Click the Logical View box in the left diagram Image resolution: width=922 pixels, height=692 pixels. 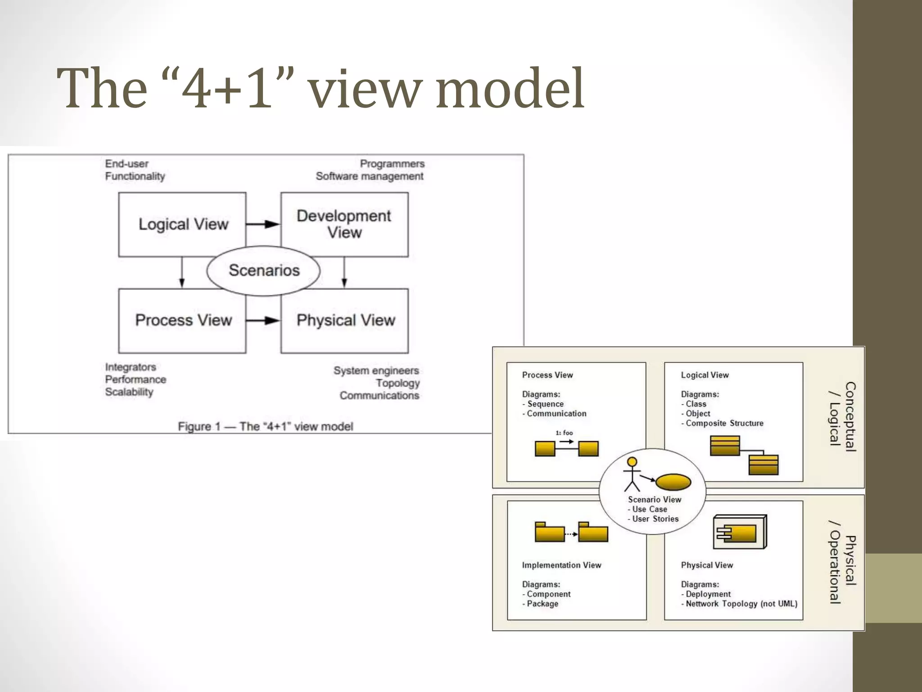(182, 224)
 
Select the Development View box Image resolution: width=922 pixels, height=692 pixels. (344, 224)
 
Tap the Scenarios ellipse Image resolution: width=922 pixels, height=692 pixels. (263, 270)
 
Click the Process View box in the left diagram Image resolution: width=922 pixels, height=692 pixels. (182, 320)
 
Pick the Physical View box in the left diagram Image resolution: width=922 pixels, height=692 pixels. (344, 320)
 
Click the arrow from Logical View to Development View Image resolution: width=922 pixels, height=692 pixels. (263, 224)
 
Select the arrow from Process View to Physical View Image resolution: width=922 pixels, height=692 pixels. (263, 320)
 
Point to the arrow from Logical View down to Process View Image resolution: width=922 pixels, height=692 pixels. (182, 272)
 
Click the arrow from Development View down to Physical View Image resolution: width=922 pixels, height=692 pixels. (344, 272)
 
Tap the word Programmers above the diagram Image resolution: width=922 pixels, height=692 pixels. (392, 164)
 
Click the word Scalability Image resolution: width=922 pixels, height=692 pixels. (129, 392)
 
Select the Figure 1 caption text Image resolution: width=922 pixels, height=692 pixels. (265, 426)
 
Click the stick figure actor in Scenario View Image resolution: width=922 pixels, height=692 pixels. (632, 474)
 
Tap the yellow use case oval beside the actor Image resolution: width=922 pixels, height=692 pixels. (673, 482)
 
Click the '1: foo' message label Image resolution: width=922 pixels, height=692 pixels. (564, 433)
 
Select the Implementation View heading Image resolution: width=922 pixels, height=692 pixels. (561, 565)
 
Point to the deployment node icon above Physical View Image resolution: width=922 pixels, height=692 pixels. (740, 532)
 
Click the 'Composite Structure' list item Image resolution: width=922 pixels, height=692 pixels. (724, 423)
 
